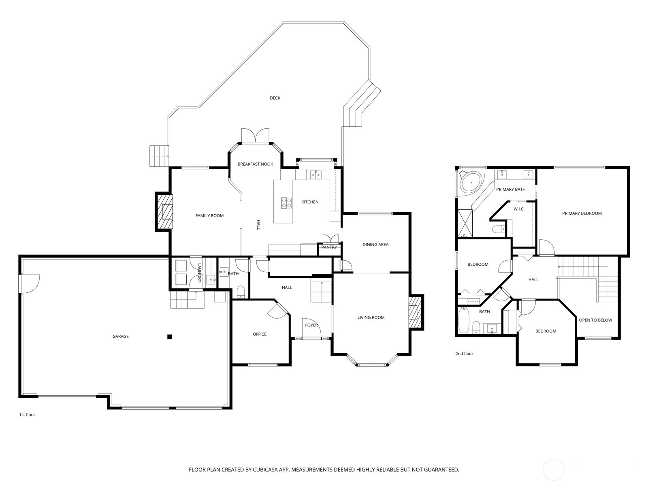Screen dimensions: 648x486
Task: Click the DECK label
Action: [x=275, y=98]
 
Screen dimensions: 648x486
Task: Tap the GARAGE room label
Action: [x=120, y=337]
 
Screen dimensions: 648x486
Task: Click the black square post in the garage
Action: [x=170, y=337]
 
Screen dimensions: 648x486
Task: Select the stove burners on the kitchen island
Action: [x=286, y=203]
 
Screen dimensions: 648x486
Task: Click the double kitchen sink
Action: [x=315, y=175]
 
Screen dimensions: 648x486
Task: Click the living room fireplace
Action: [x=416, y=312]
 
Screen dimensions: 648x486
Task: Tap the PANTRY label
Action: [x=329, y=247]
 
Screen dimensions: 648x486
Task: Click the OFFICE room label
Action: [x=260, y=334]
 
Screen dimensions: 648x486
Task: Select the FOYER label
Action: [x=311, y=325]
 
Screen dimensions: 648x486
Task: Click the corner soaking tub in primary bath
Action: [x=471, y=183]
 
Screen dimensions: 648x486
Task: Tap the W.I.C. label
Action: [x=519, y=209]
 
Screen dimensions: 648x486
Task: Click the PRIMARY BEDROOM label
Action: [x=582, y=213]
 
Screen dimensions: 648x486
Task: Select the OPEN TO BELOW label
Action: [x=595, y=320]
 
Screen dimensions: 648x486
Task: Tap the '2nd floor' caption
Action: [x=464, y=354]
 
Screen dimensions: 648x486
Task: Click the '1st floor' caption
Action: [x=27, y=415]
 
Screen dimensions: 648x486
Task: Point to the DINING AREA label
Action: [x=375, y=245]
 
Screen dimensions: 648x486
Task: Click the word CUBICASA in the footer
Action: [x=265, y=469]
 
